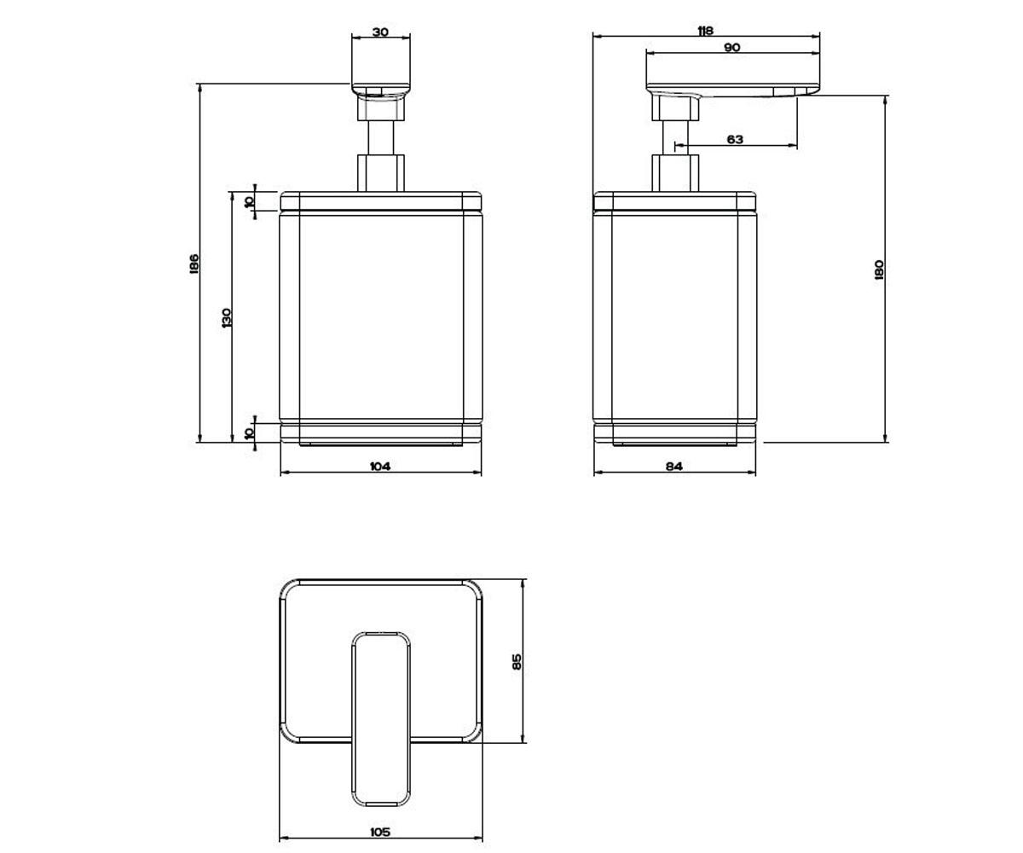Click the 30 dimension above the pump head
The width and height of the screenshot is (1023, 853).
[380, 32]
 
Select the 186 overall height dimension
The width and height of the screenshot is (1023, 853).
[194, 264]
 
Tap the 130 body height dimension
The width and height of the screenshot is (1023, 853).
[227, 318]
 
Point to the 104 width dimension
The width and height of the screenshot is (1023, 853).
[380, 467]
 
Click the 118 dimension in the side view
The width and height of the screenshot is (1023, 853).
[705, 31]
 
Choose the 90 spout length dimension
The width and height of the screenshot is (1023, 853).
[732, 48]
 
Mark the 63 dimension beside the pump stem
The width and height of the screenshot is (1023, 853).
[735, 140]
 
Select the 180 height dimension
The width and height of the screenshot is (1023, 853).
[879, 270]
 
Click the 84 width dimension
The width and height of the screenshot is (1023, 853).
[674, 467]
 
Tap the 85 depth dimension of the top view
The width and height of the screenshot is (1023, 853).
[517, 662]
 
